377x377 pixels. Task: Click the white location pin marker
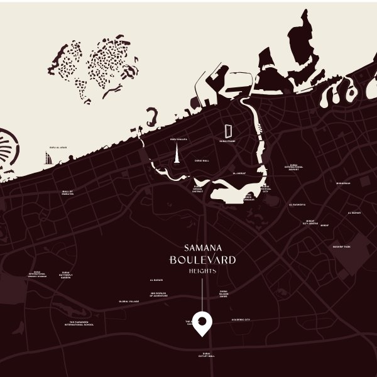pyautogui.click(x=202, y=322)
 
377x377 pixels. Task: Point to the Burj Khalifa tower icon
pyautogui.click(x=178, y=153)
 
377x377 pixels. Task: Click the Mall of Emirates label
pyautogui.click(x=67, y=192)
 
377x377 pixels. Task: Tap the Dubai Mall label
pyautogui.click(x=202, y=161)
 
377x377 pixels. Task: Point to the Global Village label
pyautogui.click(x=129, y=302)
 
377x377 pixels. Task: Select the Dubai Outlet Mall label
pyautogui.click(x=209, y=355)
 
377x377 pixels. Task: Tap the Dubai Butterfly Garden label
pyautogui.click(x=66, y=275)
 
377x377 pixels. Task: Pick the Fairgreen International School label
pyautogui.click(x=82, y=324)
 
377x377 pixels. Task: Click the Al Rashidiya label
pyautogui.click(x=297, y=204)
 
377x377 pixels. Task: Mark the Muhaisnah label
pyautogui.click(x=343, y=183)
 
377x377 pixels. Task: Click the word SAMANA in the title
pyautogui.click(x=202, y=248)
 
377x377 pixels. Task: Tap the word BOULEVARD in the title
pyautogui.click(x=202, y=259)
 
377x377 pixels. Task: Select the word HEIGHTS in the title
pyautogui.click(x=202, y=271)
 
